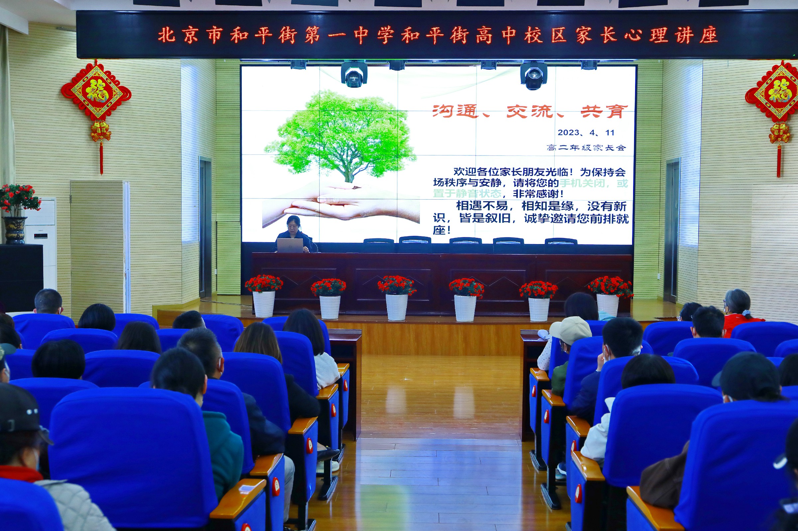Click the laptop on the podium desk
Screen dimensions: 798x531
pos(290,245)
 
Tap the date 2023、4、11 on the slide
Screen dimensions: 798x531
pos(586,133)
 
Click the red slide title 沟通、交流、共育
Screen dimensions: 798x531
pos(530,112)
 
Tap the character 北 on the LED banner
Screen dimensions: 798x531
pos(167,35)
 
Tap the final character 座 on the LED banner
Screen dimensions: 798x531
pos(709,35)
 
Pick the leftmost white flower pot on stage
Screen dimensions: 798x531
pos(264,304)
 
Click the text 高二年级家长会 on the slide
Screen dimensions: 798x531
pos(586,148)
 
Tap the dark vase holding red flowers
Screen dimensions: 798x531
pos(14,230)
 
